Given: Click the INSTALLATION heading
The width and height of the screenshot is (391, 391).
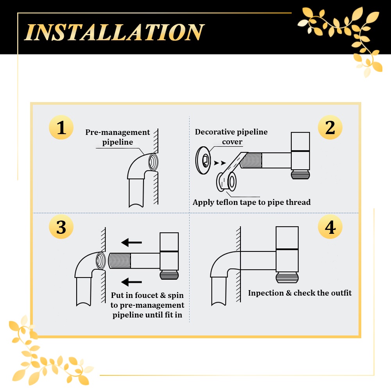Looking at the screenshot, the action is coord(115,32).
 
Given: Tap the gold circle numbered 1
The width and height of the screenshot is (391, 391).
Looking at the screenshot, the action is coord(61,127).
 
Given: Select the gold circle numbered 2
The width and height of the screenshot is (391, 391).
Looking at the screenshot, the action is coord(330,127).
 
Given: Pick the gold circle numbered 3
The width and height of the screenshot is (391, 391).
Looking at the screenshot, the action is coord(61,226).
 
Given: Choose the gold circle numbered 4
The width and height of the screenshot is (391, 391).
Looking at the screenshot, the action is coord(330,226).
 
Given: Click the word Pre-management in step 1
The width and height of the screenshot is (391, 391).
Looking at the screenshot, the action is coord(118,132).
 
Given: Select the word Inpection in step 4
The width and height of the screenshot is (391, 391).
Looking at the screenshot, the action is coord(266,293).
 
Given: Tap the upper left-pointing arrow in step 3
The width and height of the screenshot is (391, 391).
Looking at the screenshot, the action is coord(131,242).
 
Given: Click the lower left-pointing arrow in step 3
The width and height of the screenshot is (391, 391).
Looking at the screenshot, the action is coord(131,282).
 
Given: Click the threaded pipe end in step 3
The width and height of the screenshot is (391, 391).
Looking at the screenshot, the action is coord(119,260).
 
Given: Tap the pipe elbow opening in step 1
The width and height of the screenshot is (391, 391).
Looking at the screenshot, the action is coord(153,162).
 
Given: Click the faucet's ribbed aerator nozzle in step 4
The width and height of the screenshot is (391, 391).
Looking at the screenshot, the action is coord(287,277).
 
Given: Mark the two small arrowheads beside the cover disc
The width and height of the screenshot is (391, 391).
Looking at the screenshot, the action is coord(220,163).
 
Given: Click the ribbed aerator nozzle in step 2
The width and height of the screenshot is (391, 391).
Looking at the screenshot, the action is coord(300,174).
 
